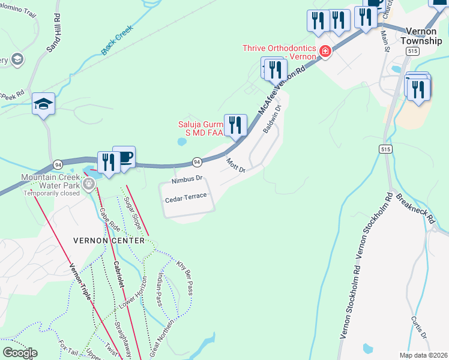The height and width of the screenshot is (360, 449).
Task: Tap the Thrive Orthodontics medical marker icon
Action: tap(325, 52)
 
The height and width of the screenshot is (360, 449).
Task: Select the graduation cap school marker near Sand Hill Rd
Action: tap(44, 104)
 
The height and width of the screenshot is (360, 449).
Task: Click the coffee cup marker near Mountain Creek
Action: tap(124, 158)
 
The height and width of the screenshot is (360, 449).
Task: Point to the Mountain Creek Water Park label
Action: tap(51, 182)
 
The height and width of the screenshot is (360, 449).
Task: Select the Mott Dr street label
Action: tap(236, 165)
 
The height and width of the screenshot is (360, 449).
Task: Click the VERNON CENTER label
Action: tap(109, 241)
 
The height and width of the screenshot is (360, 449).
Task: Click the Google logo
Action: tap(19, 353)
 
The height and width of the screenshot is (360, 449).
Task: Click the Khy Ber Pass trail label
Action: tap(184, 273)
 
